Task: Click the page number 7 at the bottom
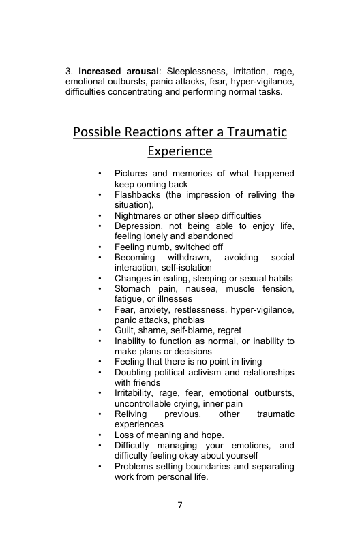(179, 506)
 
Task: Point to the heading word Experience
(180, 150)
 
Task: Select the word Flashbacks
(137, 195)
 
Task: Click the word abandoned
(204, 236)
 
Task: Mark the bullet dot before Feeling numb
(100, 247)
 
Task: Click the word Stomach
(132, 289)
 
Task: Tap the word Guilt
(126, 330)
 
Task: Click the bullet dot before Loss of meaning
(100, 435)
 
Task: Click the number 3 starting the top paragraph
(68, 71)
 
